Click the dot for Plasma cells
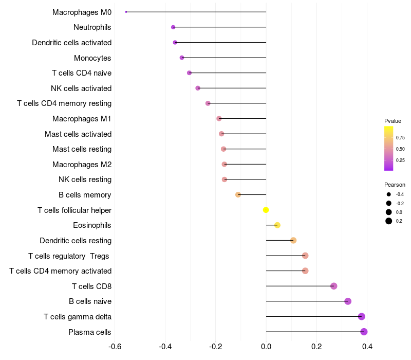(x=364, y=332)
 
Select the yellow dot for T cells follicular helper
(x=266, y=210)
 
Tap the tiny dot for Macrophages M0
(x=126, y=12)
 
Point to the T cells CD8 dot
(x=333, y=286)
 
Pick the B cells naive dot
(x=348, y=301)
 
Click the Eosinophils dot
(x=277, y=225)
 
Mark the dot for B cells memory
(x=238, y=195)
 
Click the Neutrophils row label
(x=92, y=27)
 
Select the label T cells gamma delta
(x=78, y=317)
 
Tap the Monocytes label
(x=92, y=58)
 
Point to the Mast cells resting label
(x=82, y=149)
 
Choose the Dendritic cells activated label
(x=71, y=43)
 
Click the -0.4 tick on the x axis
(x=165, y=347)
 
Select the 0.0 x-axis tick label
(x=266, y=347)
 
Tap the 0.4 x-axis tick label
(x=367, y=347)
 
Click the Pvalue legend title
(x=393, y=121)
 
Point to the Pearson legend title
(x=395, y=185)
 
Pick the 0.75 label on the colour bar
(x=400, y=138)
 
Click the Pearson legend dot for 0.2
(x=389, y=221)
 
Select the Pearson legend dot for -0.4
(x=389, y=194)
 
